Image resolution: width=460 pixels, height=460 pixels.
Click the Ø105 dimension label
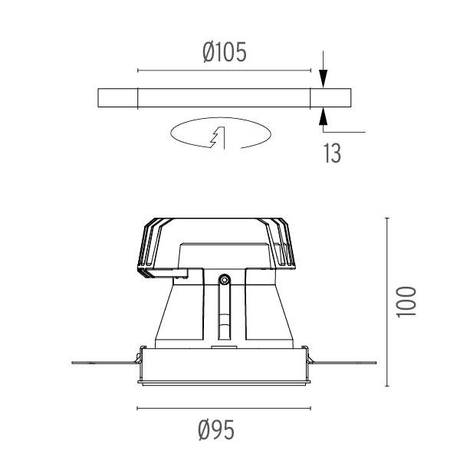click(225, 52)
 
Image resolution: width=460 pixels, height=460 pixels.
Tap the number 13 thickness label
click(333, 153)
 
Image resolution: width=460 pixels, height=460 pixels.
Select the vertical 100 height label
click(406, 302)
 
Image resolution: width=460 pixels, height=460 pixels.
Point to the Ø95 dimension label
click(216, 430)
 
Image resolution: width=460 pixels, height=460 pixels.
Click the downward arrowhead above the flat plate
click(323, 78)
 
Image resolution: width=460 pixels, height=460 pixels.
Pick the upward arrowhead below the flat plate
click(323, 117)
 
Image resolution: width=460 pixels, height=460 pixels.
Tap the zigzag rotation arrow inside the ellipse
click(219, 137)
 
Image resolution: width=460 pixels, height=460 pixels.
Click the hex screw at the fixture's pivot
click(225, 280)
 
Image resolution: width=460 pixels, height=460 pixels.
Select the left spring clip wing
click(107, 363)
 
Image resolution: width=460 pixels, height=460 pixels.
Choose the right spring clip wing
click(342, 363)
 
